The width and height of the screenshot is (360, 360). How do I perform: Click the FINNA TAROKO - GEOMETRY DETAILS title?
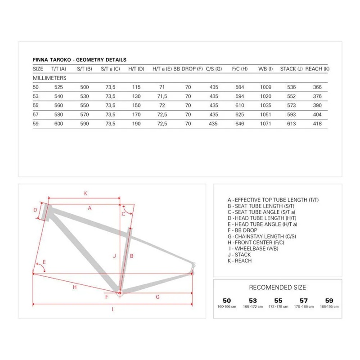(x=80, y=59)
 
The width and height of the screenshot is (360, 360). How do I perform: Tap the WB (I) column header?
(x=265, y=69)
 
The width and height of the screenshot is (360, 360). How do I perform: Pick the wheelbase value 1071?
(x=265, y=124)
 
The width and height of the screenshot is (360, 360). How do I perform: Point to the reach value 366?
(x=317, y=87)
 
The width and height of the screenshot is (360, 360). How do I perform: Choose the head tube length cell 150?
(x=136, y=105)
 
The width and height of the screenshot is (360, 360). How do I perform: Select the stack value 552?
(x=291, y=96)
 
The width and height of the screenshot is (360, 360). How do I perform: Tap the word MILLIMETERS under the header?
(x=50, y=78)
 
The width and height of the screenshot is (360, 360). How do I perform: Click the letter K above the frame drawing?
(x=85, y=193)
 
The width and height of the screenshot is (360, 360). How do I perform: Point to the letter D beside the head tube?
(x=35, y=210)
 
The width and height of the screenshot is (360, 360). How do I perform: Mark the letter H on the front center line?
(x=75, y=287)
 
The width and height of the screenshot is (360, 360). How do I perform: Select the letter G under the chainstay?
(x=157, y=297)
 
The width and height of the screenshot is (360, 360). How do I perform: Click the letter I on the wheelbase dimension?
(x=112, y=309)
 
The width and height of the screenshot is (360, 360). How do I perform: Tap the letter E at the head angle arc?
(x=44, y=262)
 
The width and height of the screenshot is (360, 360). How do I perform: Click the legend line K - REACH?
(x=240, y=261)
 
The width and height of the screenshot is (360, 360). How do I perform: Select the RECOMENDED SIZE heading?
(x=277, y=287)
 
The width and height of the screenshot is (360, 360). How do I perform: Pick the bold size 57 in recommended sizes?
(x=304, y=300)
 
